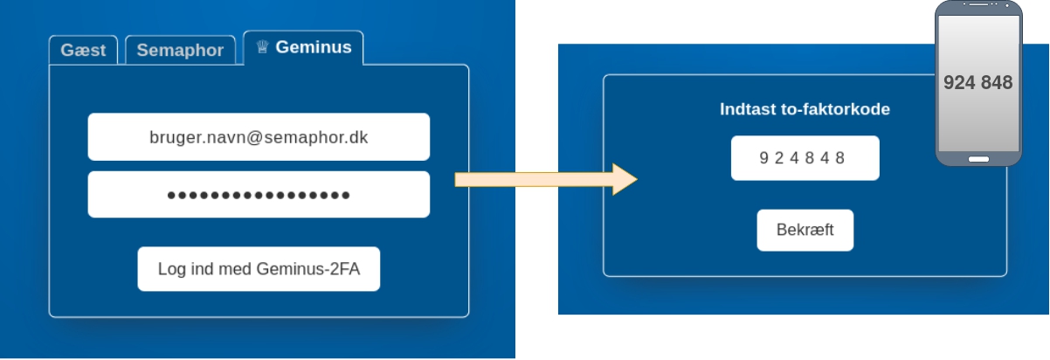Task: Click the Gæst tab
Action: tap(83, 51)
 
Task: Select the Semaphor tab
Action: tap(180, 51)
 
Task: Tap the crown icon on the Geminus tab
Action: tap(262, 47)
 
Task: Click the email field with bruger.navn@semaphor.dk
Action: tap(259, 136)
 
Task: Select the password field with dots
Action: tap(259, 194)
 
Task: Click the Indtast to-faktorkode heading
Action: tap(805, 109)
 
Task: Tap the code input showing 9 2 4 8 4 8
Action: tap(805, 158)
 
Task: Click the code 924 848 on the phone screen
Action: tap(977, 83)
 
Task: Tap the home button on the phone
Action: tap(978, 159)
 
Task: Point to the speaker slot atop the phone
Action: tap(978, 7)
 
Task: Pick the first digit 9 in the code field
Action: tap(763, 158)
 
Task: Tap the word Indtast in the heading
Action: tap(745, 109)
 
